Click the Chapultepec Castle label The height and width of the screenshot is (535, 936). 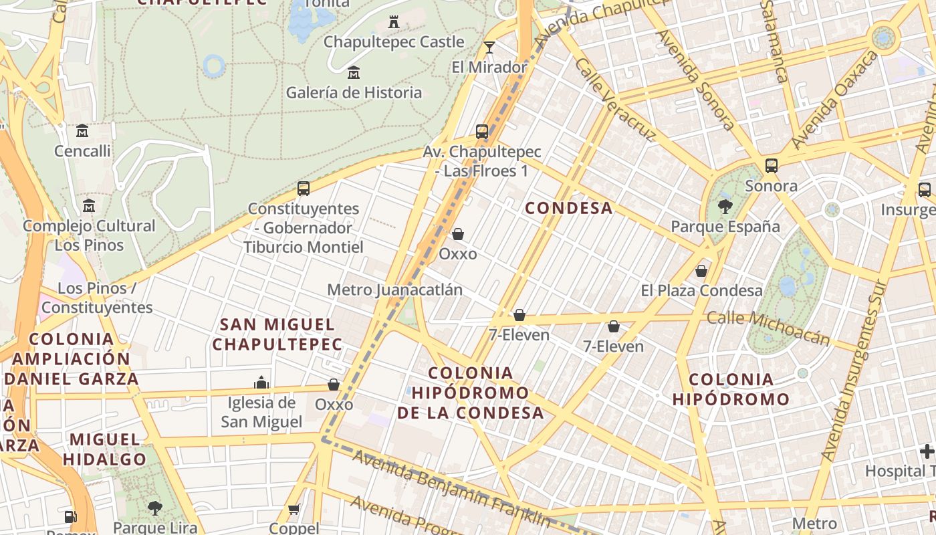tap(394, 42)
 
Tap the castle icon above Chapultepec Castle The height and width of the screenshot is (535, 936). tap(394, 22)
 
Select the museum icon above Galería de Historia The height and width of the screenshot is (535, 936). tap(354, 72)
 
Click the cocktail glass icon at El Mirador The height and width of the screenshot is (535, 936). tap(489, 47)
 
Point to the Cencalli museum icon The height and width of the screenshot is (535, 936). tap(82, 130)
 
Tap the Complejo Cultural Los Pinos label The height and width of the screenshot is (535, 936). tap(89, 235)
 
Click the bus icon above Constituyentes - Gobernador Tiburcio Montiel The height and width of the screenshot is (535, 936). tap(304, 189)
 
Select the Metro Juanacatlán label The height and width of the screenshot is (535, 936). tap(394, 290)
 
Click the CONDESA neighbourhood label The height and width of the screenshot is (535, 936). tap(568, 208)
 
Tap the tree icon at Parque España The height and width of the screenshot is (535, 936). tap(725, 207)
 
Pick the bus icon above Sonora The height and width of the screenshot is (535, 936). tap(772, 165)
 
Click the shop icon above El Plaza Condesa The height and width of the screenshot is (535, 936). tap(701, 271)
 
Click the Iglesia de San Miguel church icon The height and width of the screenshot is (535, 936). tap(261, 383)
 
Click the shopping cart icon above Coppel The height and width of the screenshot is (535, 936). tap(294, 510)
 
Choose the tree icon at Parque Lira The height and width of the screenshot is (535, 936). tap(155, 508)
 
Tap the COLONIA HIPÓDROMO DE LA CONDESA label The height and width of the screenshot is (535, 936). tap(471, 393)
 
